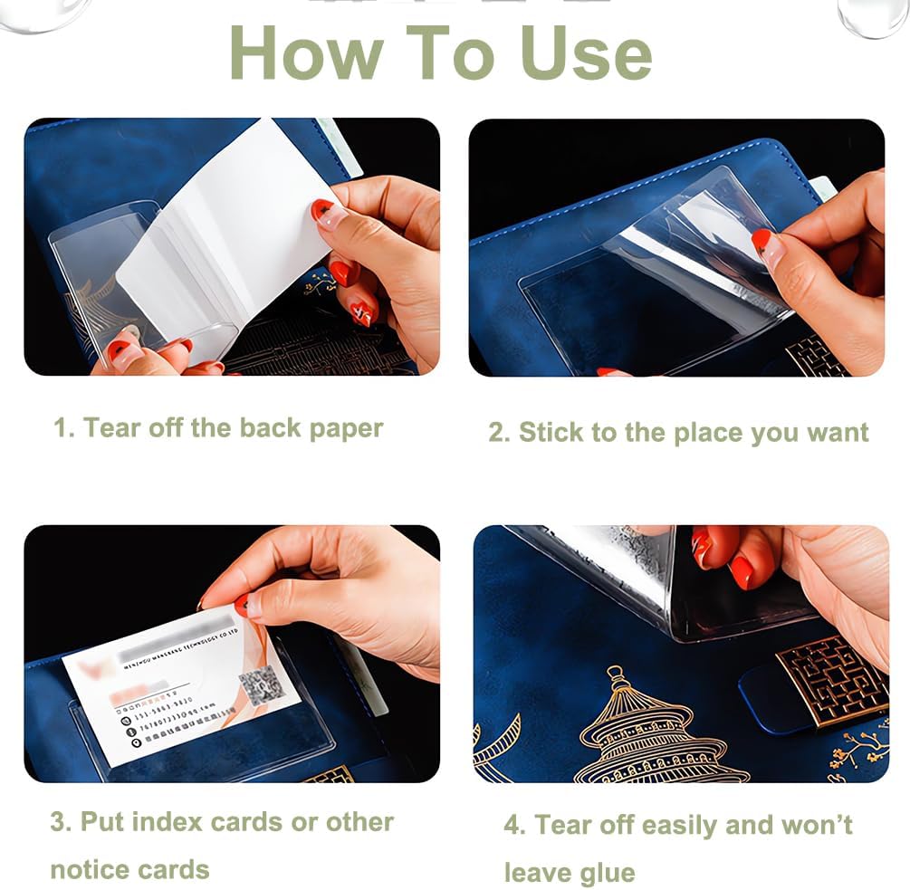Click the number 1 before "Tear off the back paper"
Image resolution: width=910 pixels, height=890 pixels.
[x=60, y=428]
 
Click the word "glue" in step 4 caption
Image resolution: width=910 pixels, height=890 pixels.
[x=607, y=873]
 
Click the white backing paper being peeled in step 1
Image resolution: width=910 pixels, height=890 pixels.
[x=226, y=235]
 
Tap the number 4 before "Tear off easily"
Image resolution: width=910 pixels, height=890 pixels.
[x=512, y=825]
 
